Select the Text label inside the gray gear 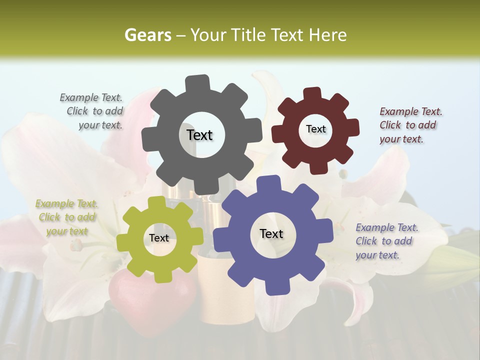click(199, 135)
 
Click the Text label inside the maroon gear click(315, 129)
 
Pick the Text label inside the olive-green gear click(159, 238)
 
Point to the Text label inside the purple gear click(271, 233)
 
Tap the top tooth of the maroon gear click(312, 94)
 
